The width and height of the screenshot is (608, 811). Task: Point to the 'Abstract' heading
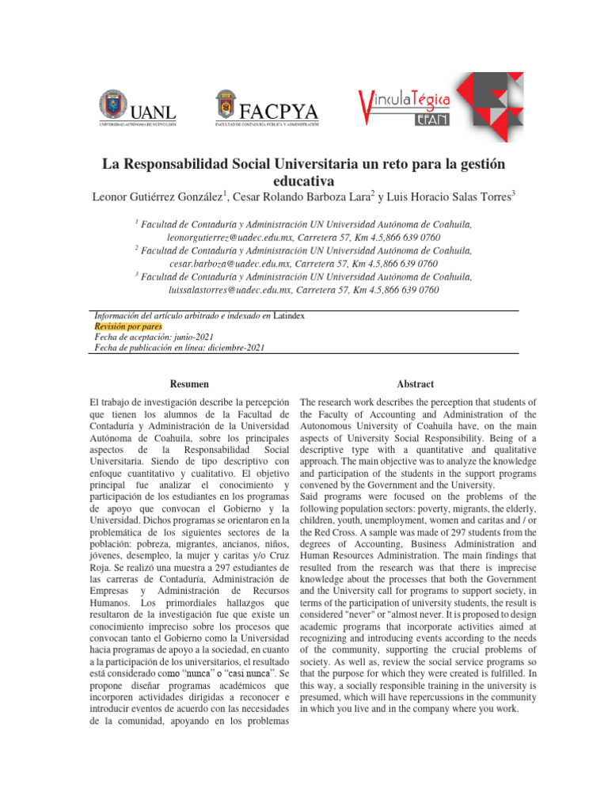417,383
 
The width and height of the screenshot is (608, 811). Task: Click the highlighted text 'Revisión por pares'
128,326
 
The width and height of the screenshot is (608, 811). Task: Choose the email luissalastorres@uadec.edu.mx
226,290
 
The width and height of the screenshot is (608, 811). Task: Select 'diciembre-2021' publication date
230,347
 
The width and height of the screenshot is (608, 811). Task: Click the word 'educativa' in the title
304,181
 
